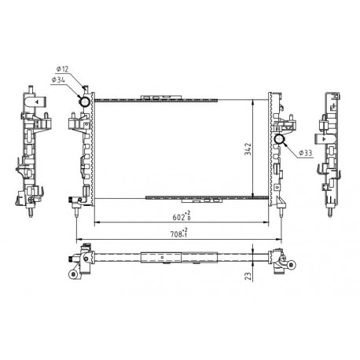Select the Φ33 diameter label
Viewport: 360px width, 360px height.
[x=306, y=152]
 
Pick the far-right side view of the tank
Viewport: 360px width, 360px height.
[x=327, y=149]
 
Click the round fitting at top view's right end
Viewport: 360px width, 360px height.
[x=278, y=271]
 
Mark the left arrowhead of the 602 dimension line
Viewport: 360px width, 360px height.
[x=96, y=224]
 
